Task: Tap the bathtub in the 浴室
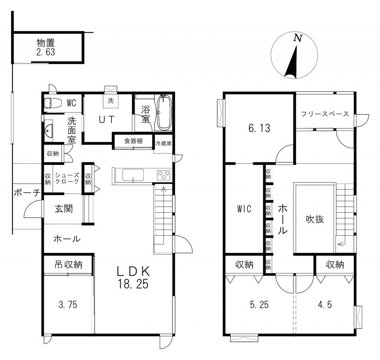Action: (x=164, y=112)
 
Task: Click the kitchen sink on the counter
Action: (x=133, y=175)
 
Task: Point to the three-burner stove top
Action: (x=164, y=175)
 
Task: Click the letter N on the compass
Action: (x=298, y=38)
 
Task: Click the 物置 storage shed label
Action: (x=46, y=43)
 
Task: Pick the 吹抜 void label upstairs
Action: (x=315, y=219)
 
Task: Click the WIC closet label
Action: (x=244, y=209)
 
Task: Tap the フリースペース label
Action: (x=325, y=114)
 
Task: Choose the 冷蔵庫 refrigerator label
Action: (x=163, y=143)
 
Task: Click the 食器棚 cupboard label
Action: (x=133, y=141)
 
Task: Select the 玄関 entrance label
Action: (x=64, y=209)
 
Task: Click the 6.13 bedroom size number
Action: (x=259, y=128)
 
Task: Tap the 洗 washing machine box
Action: (x=111, y=100)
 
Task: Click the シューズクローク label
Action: (x=67, y=178)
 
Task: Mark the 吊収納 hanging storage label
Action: (x=68, y=265)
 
